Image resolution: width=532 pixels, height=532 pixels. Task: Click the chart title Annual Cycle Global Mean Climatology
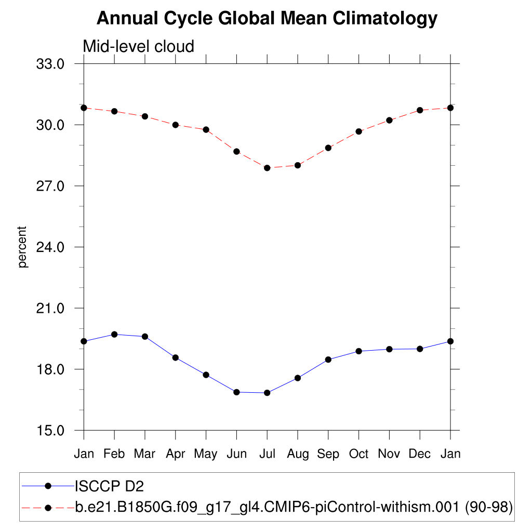[267, 19]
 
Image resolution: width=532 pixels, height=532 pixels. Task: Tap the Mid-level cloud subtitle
[138, 46]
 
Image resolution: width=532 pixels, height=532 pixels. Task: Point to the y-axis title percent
[22, 247]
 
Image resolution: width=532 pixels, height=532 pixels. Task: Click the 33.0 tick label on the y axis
[50, 64]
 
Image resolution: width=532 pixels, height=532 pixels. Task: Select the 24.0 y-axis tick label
[50, 247]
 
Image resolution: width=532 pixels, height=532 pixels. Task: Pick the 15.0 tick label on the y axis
[50, 431]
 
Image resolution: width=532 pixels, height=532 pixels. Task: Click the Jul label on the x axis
[267, 454]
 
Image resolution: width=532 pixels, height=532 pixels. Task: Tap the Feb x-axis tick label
[114, 454]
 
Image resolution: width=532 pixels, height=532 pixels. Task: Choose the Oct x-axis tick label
[358, 454]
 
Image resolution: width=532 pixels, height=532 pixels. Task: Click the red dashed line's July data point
[267, 168]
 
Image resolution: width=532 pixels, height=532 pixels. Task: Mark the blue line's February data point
[114, 334]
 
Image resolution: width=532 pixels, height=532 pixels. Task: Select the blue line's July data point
[267, 393]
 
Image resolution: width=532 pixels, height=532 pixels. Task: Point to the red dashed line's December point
[420, 110]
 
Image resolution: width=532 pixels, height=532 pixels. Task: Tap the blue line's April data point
[176, 357]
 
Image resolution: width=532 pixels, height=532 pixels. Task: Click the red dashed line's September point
[328, 148]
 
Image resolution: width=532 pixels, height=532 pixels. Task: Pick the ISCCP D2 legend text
[109, 486]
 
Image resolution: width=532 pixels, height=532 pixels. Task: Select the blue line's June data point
[236, 392]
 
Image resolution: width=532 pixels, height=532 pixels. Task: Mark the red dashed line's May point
[206, 129]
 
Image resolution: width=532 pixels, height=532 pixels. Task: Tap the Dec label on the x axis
[420, 454]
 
